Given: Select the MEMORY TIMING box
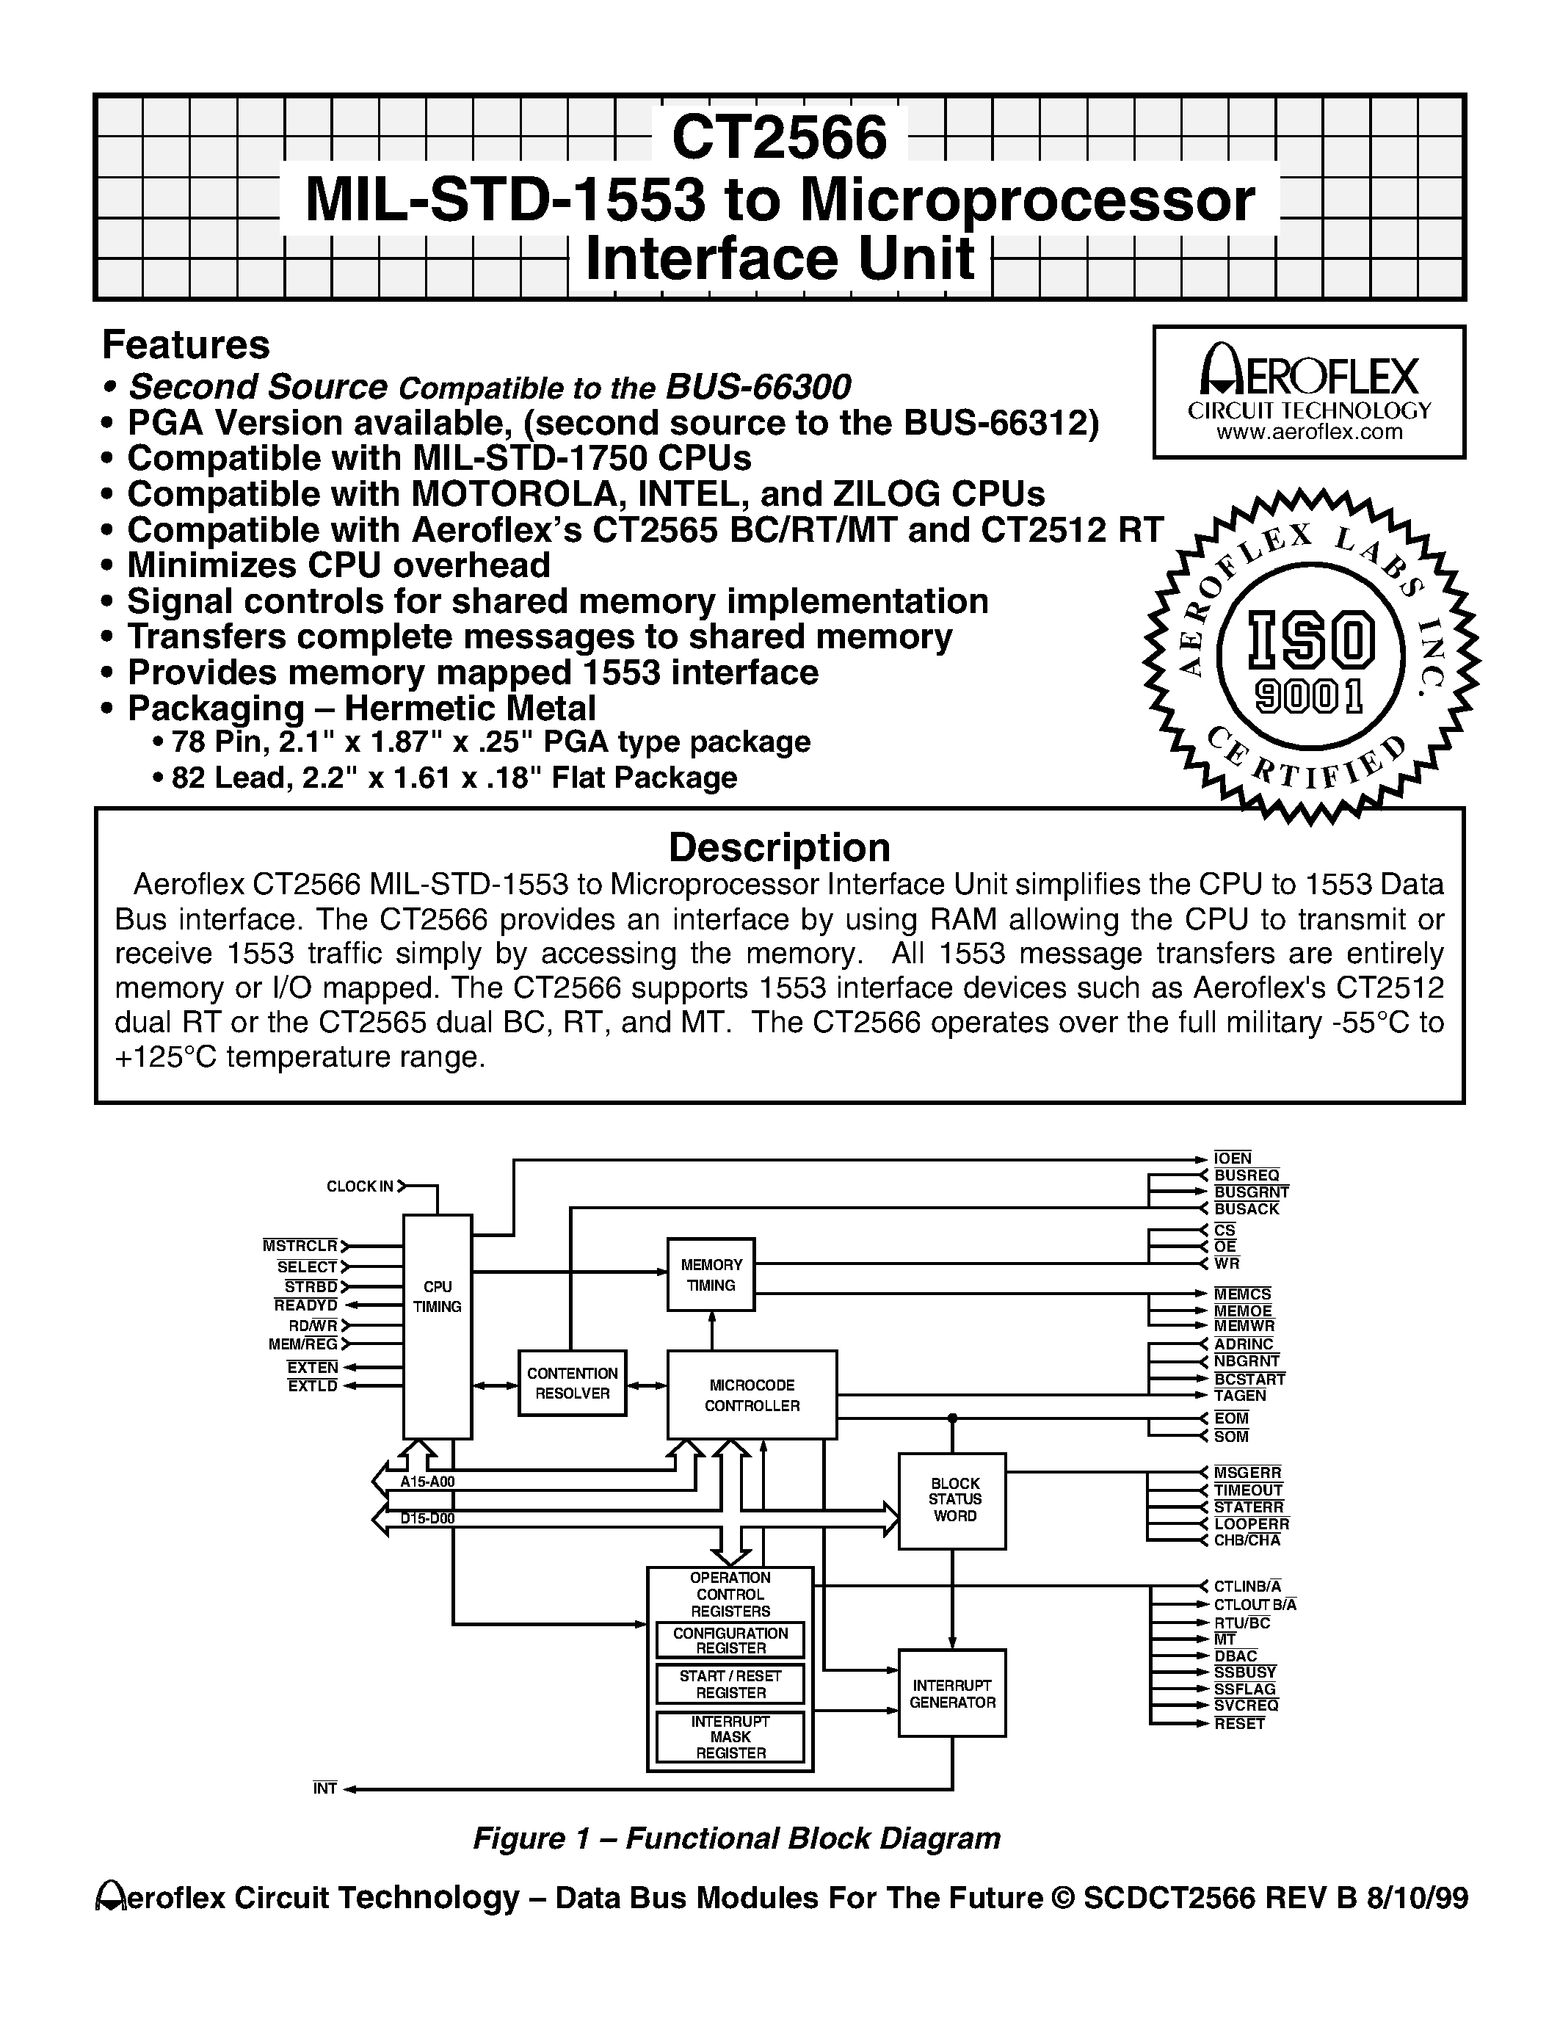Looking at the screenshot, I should (x=711, y=1274).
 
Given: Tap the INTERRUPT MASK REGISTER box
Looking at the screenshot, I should (x=730, y=1737).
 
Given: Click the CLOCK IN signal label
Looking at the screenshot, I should (x=360, y=1186).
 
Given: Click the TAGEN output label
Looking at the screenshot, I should (x=1240, y=1395).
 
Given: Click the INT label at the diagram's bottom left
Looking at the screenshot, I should (x=324, y=1788).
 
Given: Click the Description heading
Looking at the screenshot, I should (x=779, y=847).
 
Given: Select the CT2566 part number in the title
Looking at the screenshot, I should (x=779, y=137).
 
